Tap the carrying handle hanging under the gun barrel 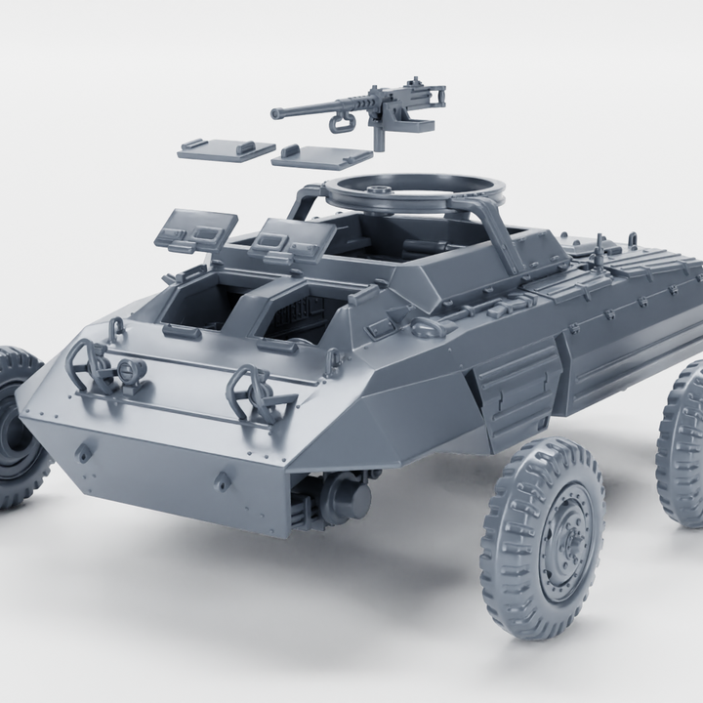(x=342, y=121)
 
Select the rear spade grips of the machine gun (x=438, y=95)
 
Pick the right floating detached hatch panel (x=322, y=156)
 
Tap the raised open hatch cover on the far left (x=196, y=230)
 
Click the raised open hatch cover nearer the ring (x=287, y=238)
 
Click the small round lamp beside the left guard (x=130, y=370)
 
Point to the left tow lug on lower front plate (x=85, y=452)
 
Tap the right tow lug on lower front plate (x=224, y=480)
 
